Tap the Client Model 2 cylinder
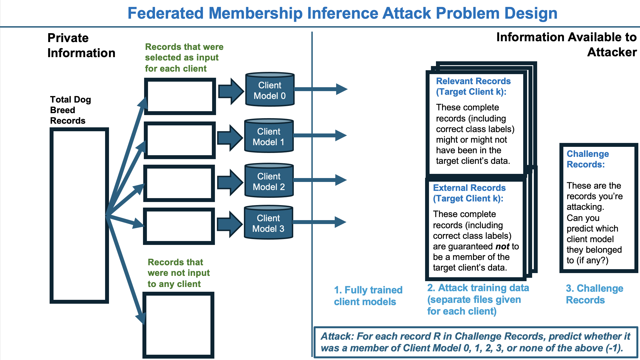269,181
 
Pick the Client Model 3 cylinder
268,223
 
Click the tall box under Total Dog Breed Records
79,215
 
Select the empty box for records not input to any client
178,325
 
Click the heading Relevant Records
473,81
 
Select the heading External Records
469,188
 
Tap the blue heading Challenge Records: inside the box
587,159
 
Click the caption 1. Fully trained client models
368,296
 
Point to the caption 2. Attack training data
478,288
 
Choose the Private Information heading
81,45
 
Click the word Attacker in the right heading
612,52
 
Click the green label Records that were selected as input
184,57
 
